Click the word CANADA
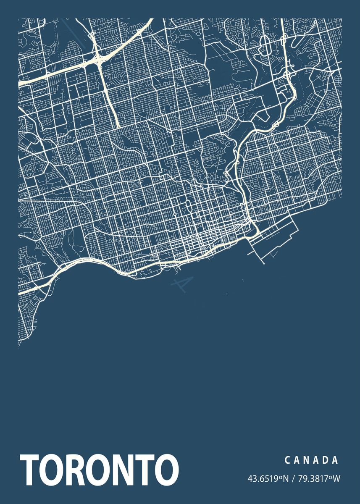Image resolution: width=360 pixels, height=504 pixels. coord(311,460)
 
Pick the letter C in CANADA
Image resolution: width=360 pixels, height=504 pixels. coord(288,460)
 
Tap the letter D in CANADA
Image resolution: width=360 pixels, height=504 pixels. coord(326,460)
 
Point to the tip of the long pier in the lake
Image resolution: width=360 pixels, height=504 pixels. coord(275,257)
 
